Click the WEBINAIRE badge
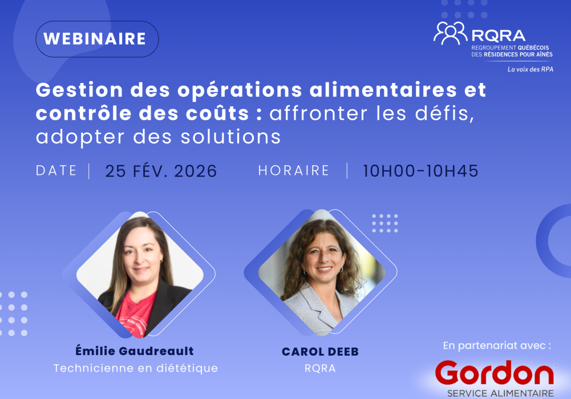tap(97, 39)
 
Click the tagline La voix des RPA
tap(530, 70)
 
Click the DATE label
tap(56, 170)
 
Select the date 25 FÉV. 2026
tap(161, 171)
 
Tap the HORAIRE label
tap(294, 170)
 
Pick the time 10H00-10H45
tap(420, 171)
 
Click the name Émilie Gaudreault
tap(135, 352)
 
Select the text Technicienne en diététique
tap(135, 368)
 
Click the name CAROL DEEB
tap(320, 352)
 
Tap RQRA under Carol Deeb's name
tap(320, 368)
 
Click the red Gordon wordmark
tap(494, 373)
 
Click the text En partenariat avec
tap(497, 345)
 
